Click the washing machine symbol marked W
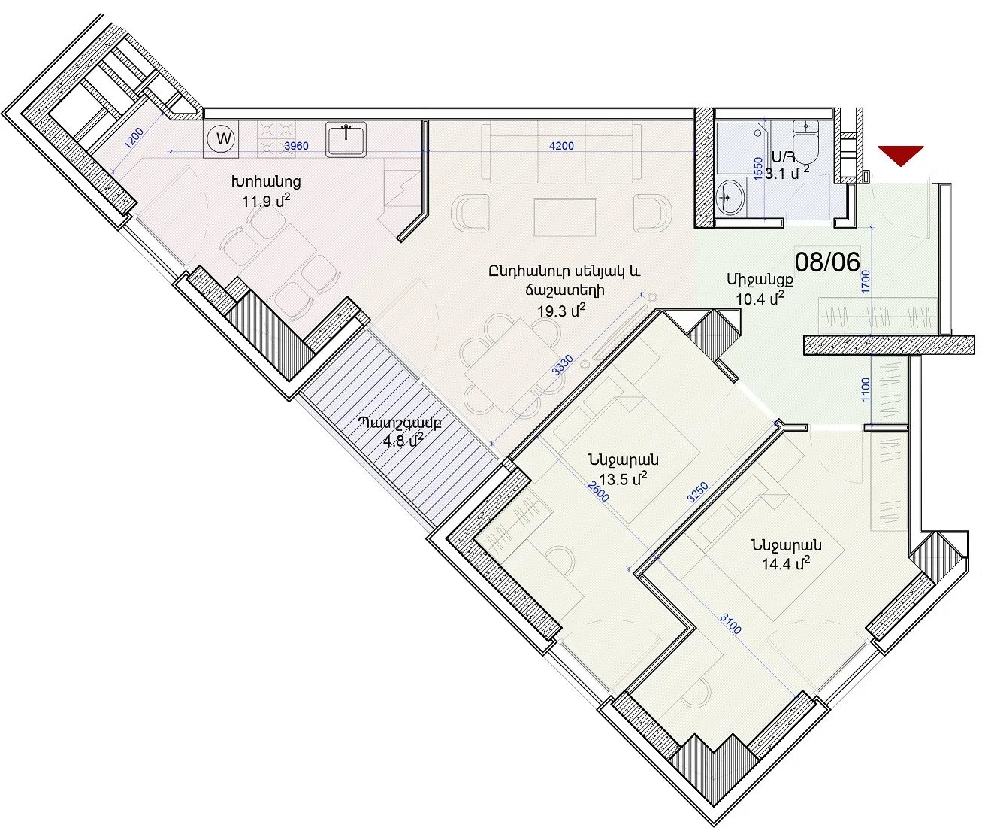click(221, 139)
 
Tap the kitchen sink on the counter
click(346, 139)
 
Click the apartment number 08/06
click(827, 262)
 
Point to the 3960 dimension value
click(296, 146)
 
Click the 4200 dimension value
click(561, 146)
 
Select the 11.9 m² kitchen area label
click(266, 201)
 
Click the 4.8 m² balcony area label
click(403, 441)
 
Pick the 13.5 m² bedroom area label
click(623, 478)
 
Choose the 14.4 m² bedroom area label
click(786, 563)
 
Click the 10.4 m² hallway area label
click(760, 299)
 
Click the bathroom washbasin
click(730, 199)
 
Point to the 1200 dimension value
click(134, 138)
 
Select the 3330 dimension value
click(563, 365)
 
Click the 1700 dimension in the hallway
click(866, 281)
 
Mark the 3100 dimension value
click(731, 623)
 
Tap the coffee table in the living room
click(565, 217)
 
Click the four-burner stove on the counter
click(276, 139)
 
